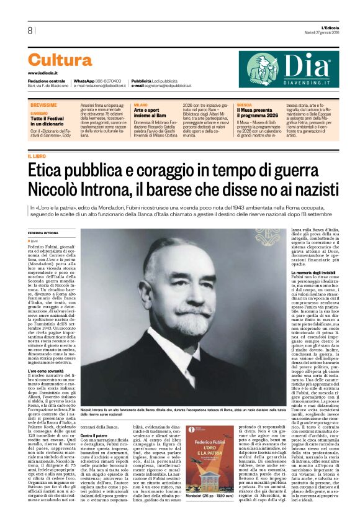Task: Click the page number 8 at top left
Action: pos(30,30)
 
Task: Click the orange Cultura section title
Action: pos(60,60)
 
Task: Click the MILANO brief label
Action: pos(140,106)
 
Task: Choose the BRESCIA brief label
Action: pos(244,106)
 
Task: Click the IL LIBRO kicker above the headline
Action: pos(37,156)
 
